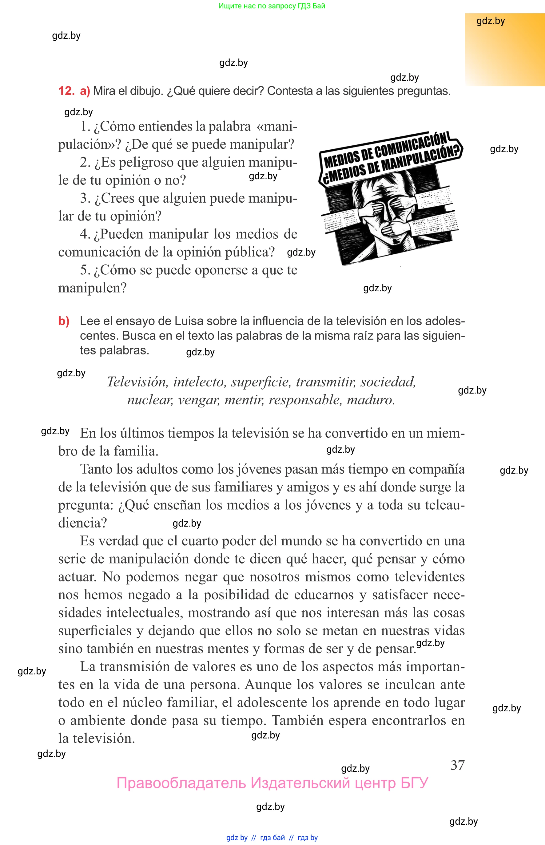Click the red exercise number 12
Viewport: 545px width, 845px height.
(66, 91)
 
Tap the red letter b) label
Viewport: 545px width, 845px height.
(64, 321)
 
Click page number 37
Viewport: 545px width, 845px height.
(457, 765)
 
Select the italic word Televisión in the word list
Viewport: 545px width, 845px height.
(137, 382)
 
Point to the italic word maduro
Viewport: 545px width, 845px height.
(370, 400)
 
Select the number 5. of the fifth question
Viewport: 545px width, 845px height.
(85, 270)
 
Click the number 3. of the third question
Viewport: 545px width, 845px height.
(85, 198)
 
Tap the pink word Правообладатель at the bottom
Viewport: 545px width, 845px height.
(181, 783)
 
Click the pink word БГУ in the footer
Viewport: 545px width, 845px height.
(414, 783)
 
